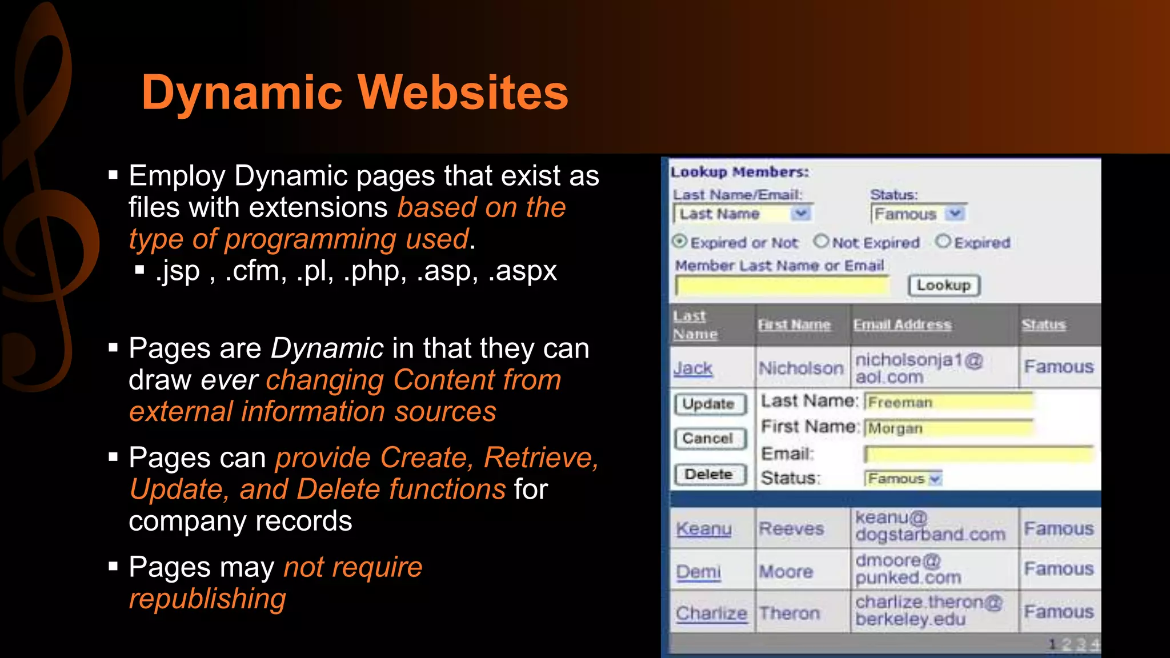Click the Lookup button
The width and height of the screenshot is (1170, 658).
click(x=944, y=285)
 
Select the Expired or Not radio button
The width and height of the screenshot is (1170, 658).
click(x=679, y=242)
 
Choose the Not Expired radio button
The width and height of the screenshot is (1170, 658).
click(x=821, y=242)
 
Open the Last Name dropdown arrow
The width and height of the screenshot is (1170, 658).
click(x=801, y=214)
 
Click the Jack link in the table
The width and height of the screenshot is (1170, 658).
click(x=692, y=368)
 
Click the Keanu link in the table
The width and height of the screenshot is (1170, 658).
click(x=703, y=529)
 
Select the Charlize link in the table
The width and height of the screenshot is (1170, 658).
click(x=711, y=613)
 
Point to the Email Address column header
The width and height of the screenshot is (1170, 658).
click(x=902, y=324)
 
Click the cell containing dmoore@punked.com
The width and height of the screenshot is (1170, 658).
click(x=908, y=569)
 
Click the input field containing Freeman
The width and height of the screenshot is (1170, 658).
click(x=948, y=402)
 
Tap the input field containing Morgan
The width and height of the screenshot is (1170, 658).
click(x=948, y=428)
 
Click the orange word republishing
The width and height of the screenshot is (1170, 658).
click(x=207, y=599)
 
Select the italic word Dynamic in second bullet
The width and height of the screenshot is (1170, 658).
click(x=327, y=348)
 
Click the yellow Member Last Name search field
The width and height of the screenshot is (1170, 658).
click(x=782, y=286)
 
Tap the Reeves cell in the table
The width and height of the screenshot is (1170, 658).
click(x=791, y=529)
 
